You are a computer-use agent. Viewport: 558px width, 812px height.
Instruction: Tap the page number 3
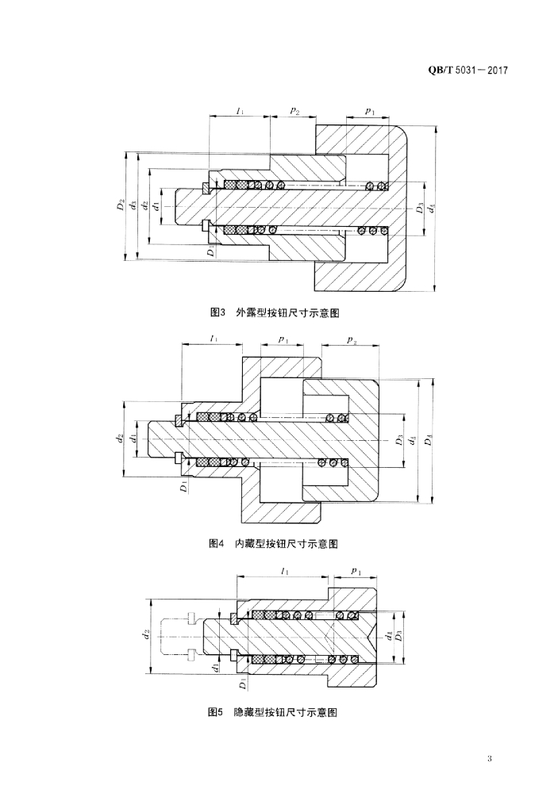(x=491, y=760)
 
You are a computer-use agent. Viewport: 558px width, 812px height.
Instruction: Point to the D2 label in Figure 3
(x=121, y=205)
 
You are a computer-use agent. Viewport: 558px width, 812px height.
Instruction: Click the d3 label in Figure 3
(x=133, y=205)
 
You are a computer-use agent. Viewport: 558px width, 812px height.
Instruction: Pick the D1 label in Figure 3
(x=211, y=251)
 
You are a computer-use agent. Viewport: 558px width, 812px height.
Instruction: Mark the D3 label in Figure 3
(x=420, y=209)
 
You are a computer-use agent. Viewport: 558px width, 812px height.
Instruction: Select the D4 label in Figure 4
(x=429, y=440)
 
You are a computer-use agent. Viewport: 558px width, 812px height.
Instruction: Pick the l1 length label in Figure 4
(x=214, y=339)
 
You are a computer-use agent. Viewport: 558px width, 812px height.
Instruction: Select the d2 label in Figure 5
(x=146, y=634)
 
